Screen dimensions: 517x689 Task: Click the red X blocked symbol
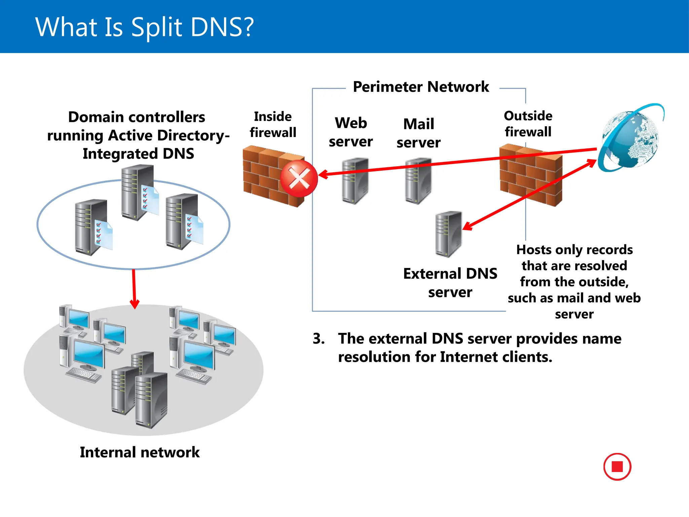pos(299,178)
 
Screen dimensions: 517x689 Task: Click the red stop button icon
pos(617,467)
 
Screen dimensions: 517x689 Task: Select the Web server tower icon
pos(355,181)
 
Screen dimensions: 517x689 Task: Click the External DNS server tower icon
pos(448,234)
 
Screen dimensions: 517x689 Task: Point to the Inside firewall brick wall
pos(266,175)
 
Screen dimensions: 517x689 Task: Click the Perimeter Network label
pos(421,87)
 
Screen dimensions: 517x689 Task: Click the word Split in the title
pos(156,27)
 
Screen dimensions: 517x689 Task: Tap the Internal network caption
pos(140,452)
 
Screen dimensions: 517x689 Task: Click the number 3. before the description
pos(318,339)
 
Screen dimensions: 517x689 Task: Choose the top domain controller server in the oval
pos(137,192)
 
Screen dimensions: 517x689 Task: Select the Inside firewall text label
pos(273,125)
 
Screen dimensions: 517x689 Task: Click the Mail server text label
pos(419,133)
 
